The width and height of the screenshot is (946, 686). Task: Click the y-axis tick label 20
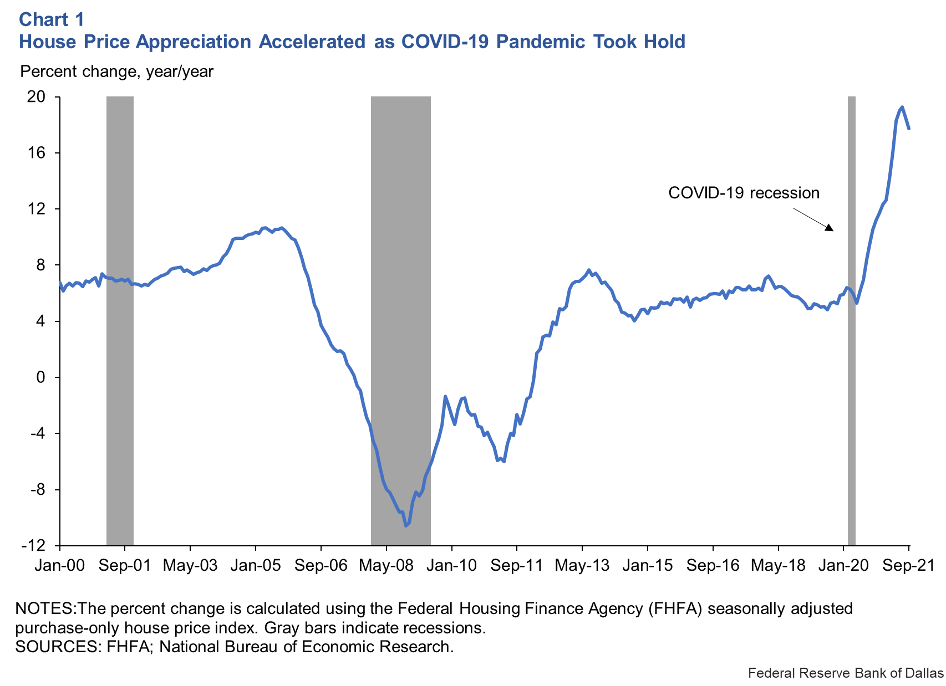tap(36, 97)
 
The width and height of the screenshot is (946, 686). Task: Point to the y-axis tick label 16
tap(36, 153)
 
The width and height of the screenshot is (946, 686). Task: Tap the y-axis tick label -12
tap(33, 546)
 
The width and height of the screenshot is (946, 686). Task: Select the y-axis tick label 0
tap(40, 377)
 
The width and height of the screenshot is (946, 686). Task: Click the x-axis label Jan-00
tap(59, 565)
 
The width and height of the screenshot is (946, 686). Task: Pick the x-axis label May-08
tap(386, 565)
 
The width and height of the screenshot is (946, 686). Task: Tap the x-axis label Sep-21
tap(908, 565)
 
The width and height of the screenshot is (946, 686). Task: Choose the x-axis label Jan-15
tap(647, 565)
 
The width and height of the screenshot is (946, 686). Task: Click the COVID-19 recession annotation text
tap(744, 193)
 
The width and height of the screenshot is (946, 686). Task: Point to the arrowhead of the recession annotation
tap(830, 228)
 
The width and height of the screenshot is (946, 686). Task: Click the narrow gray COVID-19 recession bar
tap(852, 321)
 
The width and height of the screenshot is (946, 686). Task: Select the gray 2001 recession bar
tap(120, 321)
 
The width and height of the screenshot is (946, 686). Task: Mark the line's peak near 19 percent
tap(902, 107)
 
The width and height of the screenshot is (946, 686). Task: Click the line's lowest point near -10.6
tap(406, 525)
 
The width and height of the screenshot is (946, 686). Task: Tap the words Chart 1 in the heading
tap(52, 20)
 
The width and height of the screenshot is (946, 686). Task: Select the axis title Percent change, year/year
tap(116, 71)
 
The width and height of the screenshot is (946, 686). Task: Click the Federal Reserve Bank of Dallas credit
tap(845, 673)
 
